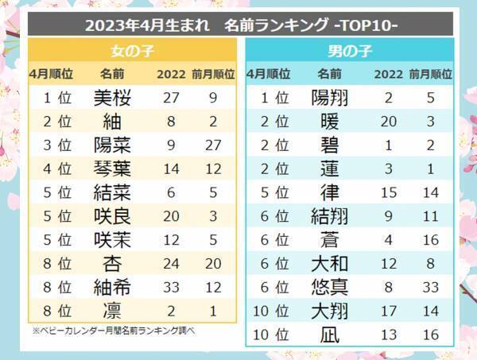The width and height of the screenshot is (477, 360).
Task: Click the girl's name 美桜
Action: tap(111, 99)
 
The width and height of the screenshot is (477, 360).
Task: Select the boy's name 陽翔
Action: tap(328, 99)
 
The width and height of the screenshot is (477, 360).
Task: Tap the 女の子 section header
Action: tap(132, 52)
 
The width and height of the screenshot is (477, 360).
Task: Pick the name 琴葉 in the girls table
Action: tap(111, 170)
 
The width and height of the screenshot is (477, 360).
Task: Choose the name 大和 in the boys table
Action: tap(328, 264)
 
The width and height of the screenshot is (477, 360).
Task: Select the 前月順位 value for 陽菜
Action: tap(213, 146)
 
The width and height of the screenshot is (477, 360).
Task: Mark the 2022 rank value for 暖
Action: tap(388, 122)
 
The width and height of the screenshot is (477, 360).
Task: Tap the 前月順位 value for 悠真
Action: tap(430, 288)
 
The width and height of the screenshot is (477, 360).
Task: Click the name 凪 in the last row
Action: tap(328, 335)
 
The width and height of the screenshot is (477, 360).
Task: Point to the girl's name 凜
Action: tap(111, 311)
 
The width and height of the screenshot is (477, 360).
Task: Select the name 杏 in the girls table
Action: tap(111, 264)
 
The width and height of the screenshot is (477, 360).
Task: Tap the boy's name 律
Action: tap(328, 193)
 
